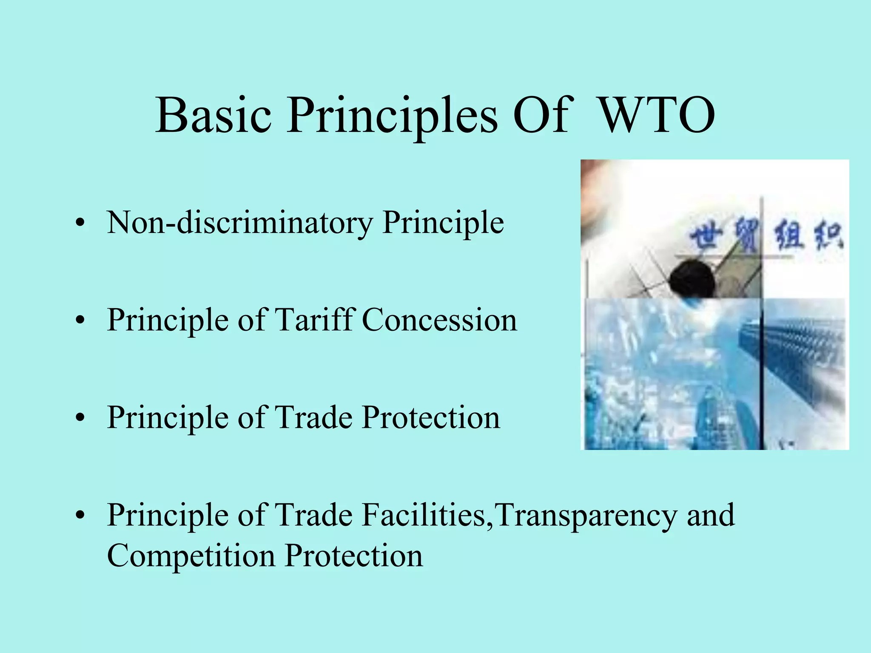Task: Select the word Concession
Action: click(439, 320)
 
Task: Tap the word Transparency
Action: click(586, 515)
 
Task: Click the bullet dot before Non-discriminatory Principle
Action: click(80, 223)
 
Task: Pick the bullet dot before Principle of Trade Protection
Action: click(80, 418)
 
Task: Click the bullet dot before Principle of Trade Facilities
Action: click(80, 516)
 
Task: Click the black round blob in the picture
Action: click(692, 279)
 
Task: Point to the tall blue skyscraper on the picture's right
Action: click(791, 361)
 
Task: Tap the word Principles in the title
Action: click(392, 115)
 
